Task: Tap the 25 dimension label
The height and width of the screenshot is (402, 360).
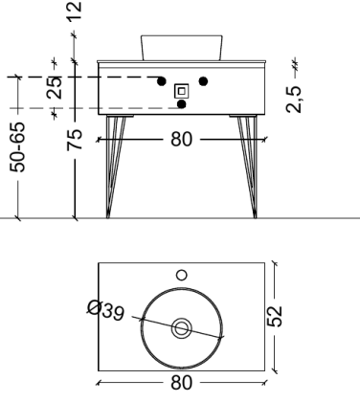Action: [x=56, y=89]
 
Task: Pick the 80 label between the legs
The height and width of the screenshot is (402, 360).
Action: [x=181, y=140]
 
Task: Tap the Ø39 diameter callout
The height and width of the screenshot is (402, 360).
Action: [x=101, y=312]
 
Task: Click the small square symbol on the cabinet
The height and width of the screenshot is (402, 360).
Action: [x=181, y=92]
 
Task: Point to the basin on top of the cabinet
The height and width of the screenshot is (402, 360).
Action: [x=181, y=46]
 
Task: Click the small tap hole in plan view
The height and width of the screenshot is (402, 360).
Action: [x=182, y=275]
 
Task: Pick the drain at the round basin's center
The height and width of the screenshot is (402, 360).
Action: [x=181, y=328]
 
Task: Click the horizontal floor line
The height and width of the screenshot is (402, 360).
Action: [x=316, y=219]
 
